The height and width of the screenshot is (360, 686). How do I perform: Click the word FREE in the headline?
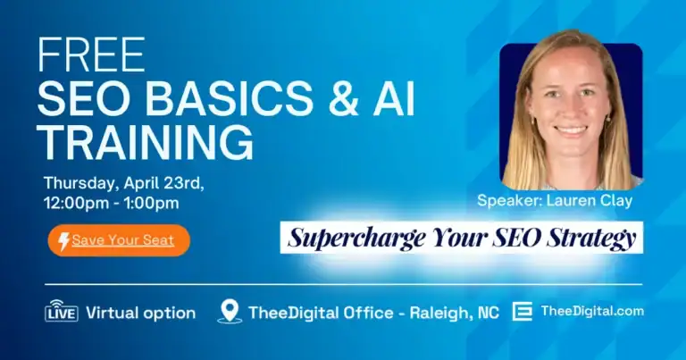(91, 56)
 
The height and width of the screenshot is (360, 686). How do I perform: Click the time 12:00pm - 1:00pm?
(111, 203)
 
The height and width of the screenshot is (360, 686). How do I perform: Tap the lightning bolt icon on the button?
(63, 240)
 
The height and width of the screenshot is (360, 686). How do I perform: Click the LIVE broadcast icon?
(61, 312)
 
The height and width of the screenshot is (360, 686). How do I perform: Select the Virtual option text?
(140, 313)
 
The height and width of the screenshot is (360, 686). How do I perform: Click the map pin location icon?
(230, 312)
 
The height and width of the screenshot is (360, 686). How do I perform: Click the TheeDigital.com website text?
(592, 311)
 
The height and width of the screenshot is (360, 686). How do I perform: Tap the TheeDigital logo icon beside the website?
(523, 312)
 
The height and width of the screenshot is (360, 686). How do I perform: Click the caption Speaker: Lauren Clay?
(555, 200)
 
